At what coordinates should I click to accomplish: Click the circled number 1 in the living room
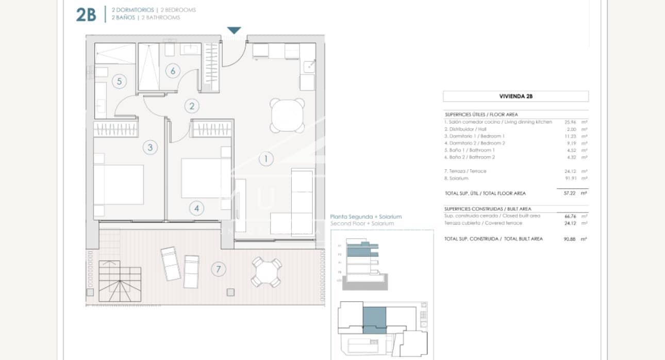(x=265, y=159)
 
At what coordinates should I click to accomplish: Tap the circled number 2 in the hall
(x=192, y=106)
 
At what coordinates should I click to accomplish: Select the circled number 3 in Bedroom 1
(x=150, y=148)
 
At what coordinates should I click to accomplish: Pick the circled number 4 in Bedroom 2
(x=196, y=208)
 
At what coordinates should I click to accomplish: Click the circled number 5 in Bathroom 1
(x=119, y=81)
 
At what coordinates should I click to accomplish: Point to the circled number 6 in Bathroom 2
(x=173, y=71)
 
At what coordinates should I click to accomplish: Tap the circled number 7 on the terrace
(x=219, y=269)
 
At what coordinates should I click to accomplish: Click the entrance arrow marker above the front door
(x=234, y=30)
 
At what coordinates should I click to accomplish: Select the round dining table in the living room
(x=287, y=115)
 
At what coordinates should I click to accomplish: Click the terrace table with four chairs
(x=266, y=272)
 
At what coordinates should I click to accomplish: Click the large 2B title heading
(x=86, y=15)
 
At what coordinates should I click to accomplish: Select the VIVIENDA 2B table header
(x=516, y=96)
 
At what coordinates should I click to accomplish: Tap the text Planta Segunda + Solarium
(x=365, y=217)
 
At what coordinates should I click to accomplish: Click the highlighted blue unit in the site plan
(x=375, y=319)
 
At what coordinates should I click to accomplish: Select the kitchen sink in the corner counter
(x=309, y=66)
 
